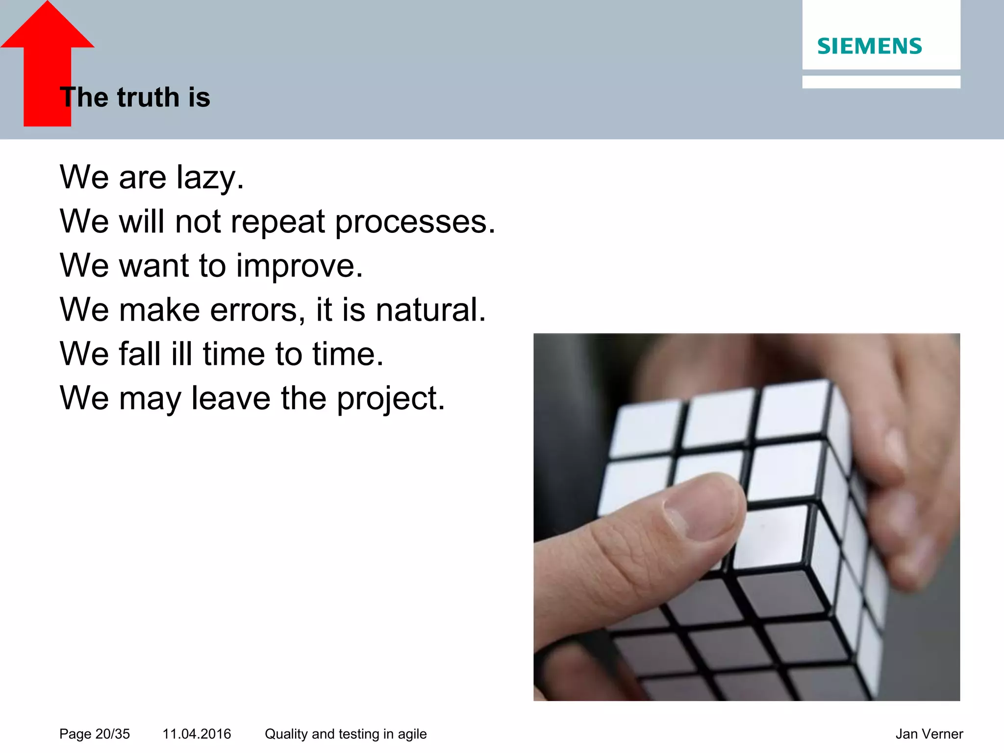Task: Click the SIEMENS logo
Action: (869, 46)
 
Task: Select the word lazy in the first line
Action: (209, 177)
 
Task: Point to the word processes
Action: (415, 222)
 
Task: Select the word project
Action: (390, 399)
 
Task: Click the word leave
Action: (230, 398)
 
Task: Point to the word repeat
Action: (277, 222)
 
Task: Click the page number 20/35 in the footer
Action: (112, 734)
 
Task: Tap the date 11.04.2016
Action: (197, 734)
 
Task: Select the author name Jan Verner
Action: (929, 734)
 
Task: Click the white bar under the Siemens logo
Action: (880, 82)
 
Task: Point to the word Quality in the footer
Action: (286, 734)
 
